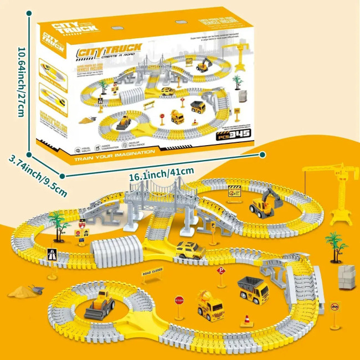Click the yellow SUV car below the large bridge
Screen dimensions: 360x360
[190, 250]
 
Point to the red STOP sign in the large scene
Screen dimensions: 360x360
[179, 301]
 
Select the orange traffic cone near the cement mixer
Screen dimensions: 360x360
[246, 321]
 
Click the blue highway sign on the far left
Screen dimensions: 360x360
[52, 256]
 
